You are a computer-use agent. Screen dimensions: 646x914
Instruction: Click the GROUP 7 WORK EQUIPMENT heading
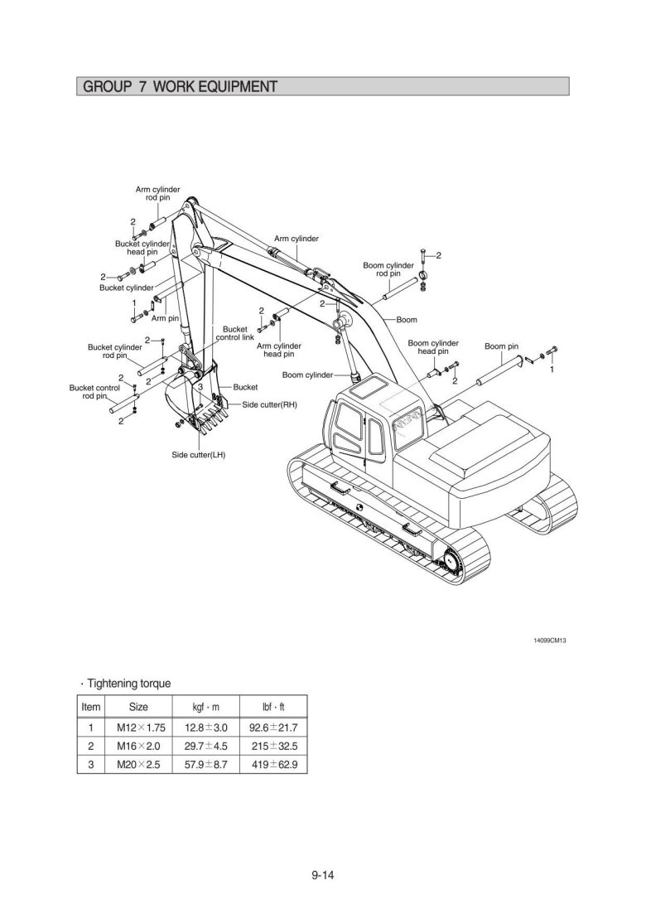point(180,87)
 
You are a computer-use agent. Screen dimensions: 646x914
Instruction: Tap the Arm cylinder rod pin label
point(158,194)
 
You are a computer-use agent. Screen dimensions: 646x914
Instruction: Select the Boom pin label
point(501,346)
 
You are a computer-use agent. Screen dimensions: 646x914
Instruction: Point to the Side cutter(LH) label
point(198,455)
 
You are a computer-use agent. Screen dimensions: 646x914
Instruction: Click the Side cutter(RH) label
point(270,404)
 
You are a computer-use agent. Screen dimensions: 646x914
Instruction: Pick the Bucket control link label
point(234,333)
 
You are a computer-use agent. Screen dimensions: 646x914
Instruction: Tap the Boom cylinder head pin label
point(433,347)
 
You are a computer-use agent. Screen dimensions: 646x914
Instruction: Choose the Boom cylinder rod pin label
point(388,269)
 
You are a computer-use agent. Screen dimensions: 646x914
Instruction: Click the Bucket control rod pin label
point(94,392)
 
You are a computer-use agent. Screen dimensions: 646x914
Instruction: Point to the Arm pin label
point(165,318)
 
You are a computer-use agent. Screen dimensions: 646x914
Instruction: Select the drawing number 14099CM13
point(550,641)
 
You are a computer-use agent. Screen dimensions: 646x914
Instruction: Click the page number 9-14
point(323,874)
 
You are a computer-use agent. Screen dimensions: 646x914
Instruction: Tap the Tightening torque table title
point(128,683)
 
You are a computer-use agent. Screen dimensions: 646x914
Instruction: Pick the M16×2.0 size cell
point(138,746)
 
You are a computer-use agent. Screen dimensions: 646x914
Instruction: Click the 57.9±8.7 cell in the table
point(205,764)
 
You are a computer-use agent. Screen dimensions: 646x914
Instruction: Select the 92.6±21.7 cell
point(273,728)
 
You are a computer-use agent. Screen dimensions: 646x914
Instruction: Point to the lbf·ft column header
point(273,707)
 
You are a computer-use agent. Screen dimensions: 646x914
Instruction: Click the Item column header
point(91,707)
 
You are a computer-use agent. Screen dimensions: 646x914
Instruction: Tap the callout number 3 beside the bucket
point(200,386)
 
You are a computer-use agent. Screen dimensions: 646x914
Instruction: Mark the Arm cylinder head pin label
point(279,350)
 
